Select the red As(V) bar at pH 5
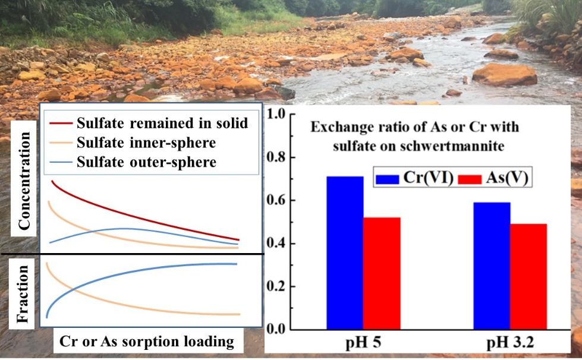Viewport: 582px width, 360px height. (x=382, y=273)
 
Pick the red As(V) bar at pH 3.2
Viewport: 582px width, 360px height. (x=528, y=276)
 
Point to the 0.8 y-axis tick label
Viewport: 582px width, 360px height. (x=276, y=157)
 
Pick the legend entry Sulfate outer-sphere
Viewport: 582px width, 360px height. (x=146, y=162)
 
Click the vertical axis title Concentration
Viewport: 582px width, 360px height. (x=23, y=181)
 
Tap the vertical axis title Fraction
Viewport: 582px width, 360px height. (x=23, y=293)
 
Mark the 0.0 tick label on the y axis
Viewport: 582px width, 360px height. (x=276, y=330)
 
